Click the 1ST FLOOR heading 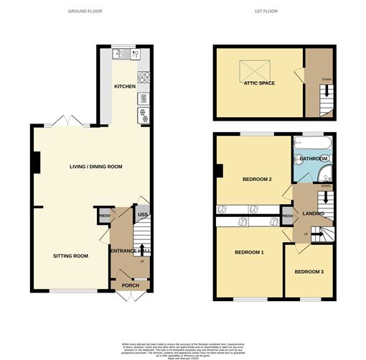point(266,11)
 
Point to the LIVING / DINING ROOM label point(95,167)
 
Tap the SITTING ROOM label point(70,256)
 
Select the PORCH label point(130,285)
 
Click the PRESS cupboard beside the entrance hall point(104,214)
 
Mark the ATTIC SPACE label point(259,83)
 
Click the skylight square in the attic point(253,70)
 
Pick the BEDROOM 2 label point(256,180)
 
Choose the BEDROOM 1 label point(249,253)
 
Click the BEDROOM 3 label point(309,271)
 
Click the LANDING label point(314,213)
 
